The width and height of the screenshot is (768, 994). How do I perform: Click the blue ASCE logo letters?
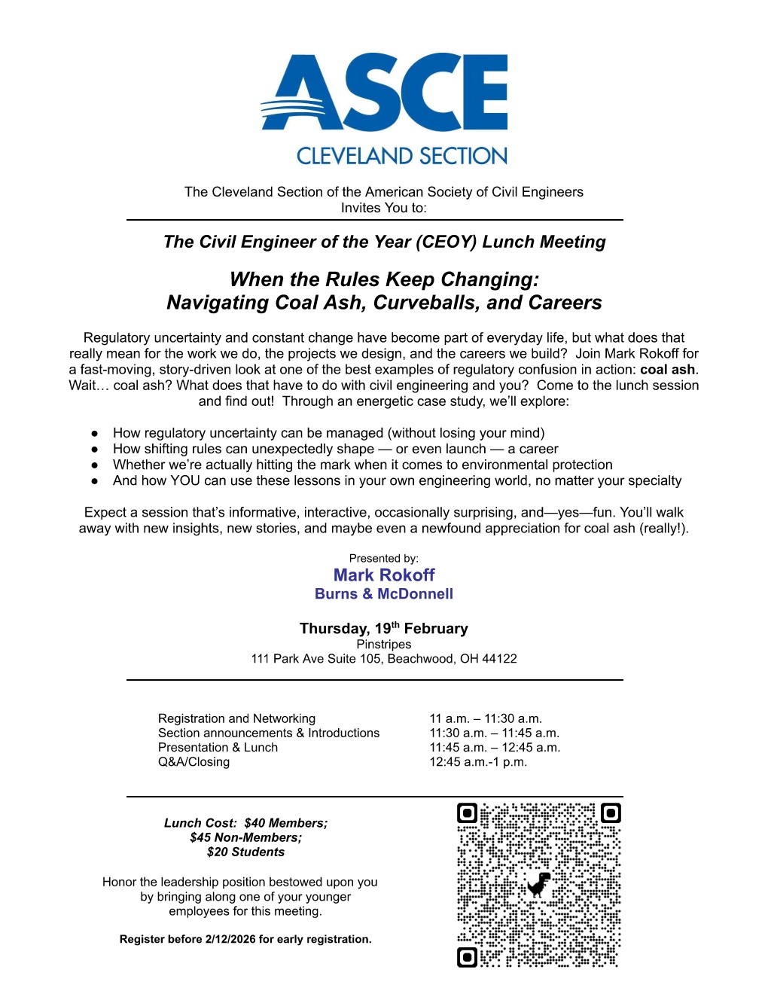(384, 93)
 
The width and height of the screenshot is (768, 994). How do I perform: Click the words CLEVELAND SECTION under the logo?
(401, 156)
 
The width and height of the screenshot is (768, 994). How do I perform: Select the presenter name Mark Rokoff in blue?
(384, 575)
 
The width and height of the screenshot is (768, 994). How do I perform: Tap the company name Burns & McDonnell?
(384, 594)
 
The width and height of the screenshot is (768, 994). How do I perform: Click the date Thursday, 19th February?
(384, 628)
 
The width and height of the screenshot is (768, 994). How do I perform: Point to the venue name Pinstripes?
(384, 645)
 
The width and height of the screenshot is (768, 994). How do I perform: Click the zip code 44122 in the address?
(499, 659)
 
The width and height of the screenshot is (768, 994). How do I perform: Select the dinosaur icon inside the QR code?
(538, 886)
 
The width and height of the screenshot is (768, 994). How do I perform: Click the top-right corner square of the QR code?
(611, 813)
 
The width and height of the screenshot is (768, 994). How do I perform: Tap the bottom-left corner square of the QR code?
(468, 957)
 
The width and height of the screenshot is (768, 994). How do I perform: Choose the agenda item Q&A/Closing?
(194, 762)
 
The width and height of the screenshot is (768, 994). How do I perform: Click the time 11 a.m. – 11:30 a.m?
(486, 719)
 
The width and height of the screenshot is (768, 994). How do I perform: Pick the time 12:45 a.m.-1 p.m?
(478, 762)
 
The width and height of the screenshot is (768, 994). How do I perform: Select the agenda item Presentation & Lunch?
(218, 748)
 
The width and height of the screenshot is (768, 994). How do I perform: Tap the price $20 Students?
(246, 852)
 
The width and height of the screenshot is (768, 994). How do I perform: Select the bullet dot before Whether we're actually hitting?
(95, 465)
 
